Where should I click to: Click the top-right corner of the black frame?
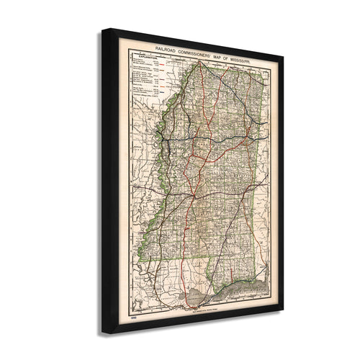tap(283, 56)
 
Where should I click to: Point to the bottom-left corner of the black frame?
tap(103, 333)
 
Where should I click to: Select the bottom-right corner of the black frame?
tap(283, 311)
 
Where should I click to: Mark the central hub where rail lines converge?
tap(193, 193)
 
